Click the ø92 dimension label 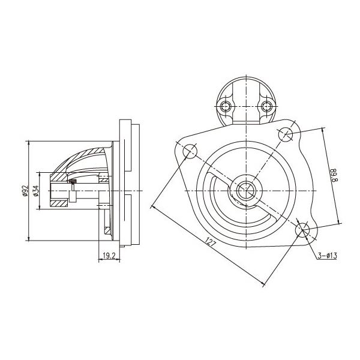25,191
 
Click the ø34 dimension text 36,191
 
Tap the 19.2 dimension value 109,256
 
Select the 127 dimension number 211,242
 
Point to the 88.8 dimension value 334,175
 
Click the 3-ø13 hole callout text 328,255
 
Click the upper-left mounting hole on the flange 190,151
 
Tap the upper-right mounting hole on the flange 286,133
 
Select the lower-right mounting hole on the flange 302,230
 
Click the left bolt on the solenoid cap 226,106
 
